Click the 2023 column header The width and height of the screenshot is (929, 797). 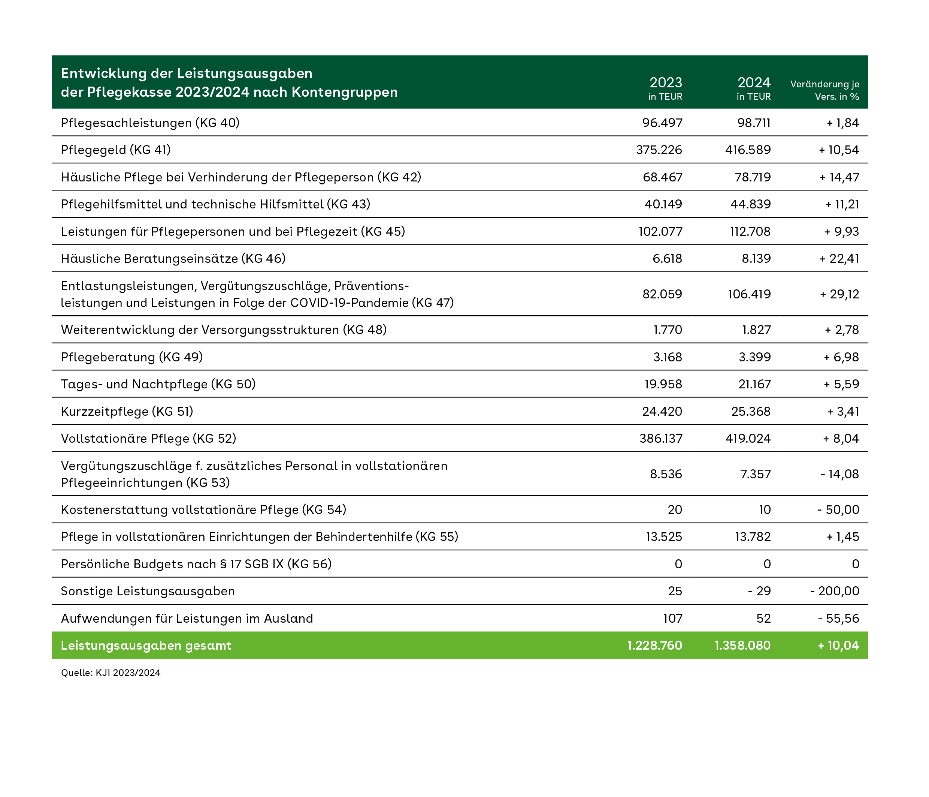[x=666, y=88]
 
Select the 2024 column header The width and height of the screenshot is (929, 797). [x=754, y=88]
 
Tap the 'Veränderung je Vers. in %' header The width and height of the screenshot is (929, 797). [x=824, y=90]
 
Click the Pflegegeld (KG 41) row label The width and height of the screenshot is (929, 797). [x=116, y=150]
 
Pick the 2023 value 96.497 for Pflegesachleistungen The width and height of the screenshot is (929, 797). [x=662, y=123]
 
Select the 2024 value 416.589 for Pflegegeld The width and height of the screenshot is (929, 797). [x=748, y=150]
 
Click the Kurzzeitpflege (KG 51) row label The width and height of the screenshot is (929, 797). [x=127, y=412]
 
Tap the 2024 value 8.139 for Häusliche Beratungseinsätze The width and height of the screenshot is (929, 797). [x=756, y=259]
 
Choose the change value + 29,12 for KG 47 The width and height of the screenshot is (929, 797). [x=839, y=294]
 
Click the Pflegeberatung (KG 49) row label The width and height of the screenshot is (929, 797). [x=132, y=357]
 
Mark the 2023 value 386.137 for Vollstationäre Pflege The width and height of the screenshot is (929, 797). [x=661, y=439]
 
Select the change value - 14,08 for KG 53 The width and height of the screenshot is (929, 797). [x=840, y=474]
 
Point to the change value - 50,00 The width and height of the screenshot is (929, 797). [x=838, y=510]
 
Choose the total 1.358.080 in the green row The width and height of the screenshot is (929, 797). [x=742, y=645]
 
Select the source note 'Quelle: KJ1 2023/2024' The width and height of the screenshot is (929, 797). [x=111, y=673]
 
